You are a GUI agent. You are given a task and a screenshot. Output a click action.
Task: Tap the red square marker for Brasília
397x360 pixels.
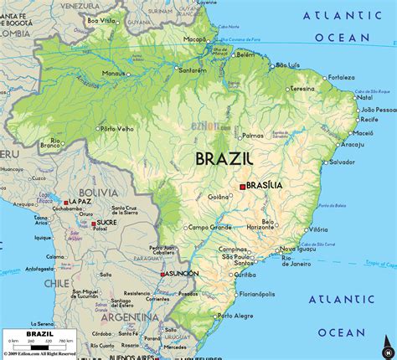[x=243, y=186]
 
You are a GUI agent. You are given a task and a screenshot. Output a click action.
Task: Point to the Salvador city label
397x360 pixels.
[x=319, y=162]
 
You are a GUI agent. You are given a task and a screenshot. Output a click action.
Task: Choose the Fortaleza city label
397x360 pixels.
[x=342, y=77]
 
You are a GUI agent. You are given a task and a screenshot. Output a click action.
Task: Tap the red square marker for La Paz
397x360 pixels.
[x=65, y=202]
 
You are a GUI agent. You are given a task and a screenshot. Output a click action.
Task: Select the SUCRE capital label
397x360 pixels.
[x=106, y=223]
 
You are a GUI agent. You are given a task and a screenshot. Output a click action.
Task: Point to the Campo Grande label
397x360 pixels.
[x=209, y=227]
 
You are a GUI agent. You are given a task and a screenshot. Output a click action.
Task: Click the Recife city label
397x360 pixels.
[x=368, y=120]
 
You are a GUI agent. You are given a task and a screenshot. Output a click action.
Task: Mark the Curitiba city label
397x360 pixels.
[x=245, y=274]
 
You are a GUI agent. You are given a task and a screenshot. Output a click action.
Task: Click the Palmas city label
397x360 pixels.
[x=253, y=135]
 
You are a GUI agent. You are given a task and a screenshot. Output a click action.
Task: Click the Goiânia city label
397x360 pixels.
[x=219, y=197]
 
